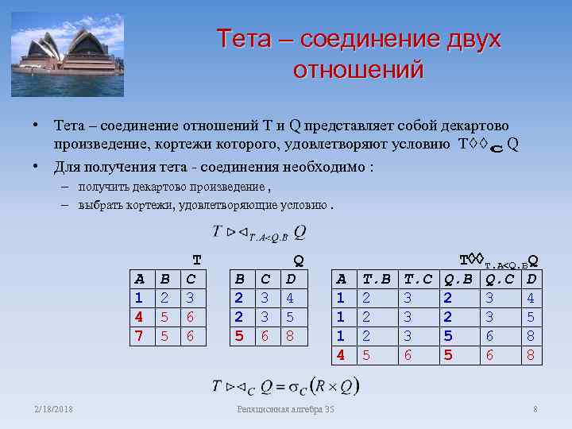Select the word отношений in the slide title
(358, 70)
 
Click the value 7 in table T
(139, 336)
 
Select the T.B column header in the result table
(377, 279)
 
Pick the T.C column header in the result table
(418, 279)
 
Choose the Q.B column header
(458, 279)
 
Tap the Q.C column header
(500, 279)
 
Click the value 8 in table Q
(291, 336)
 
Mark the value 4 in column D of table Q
(291, 298)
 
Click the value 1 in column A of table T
(139, 298)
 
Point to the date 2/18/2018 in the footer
(53, 409)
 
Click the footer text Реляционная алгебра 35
(286, 409)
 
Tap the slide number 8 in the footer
(535, 409)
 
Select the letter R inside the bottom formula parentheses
(320, 387)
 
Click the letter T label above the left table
(197, 260)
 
